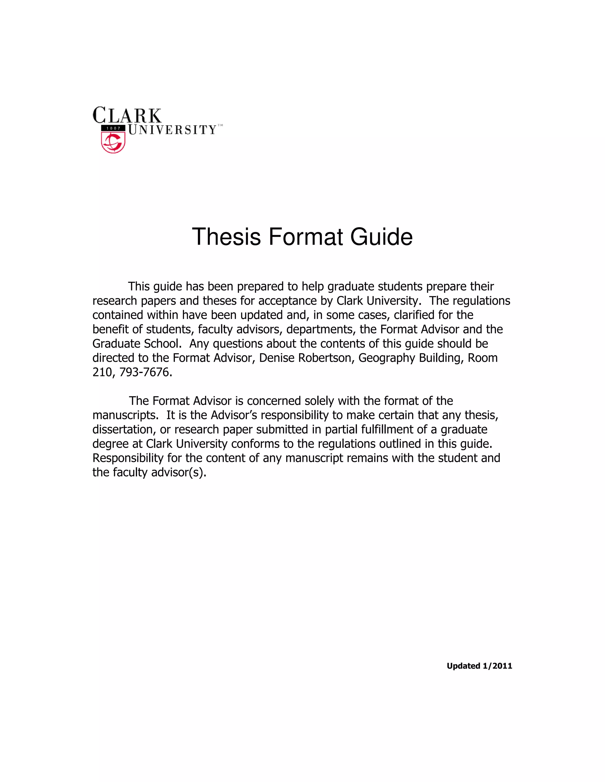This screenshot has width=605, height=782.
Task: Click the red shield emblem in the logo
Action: point(113,143)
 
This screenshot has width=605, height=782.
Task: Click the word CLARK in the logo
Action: point(127,116)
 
